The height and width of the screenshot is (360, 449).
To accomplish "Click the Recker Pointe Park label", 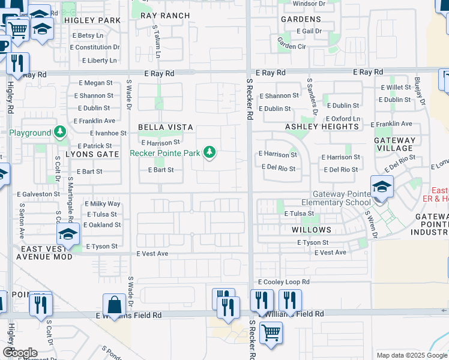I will (x=165, y=153).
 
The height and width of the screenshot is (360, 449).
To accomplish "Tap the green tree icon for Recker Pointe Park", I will (x=209, y=152).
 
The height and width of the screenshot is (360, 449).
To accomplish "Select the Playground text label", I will (x=30, y=133).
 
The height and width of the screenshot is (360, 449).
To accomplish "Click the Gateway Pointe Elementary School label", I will (x=341, y=199).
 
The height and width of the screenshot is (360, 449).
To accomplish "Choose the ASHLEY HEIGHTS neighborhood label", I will (x=322, y=127).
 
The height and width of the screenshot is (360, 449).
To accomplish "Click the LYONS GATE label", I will (x=92, y=154).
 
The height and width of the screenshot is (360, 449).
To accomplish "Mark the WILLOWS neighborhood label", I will (x=312, y=230).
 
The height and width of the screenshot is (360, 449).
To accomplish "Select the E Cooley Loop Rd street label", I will (x=284, y=281).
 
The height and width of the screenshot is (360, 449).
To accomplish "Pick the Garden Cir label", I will (x=292, y=46).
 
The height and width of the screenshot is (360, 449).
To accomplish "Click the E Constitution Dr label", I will (x=91, y=47).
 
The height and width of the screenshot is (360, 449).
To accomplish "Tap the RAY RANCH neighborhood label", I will (x=165, y=16).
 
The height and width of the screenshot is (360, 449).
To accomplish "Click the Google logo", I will (x=20, y=353).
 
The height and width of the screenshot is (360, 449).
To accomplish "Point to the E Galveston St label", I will (x=38, y=194).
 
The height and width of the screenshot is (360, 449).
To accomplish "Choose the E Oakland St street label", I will (x=102, y=225).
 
